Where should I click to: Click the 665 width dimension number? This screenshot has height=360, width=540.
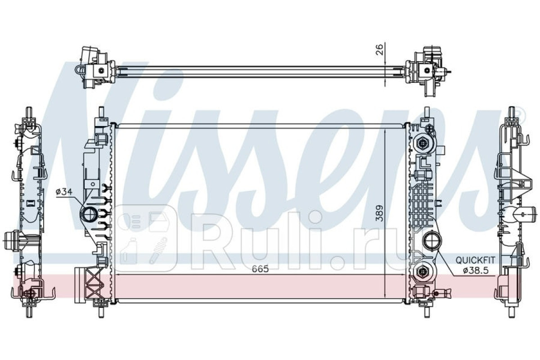[261, 269]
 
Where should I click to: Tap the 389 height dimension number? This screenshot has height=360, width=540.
[379, 213]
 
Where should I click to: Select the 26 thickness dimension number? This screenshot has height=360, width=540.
[379, 49]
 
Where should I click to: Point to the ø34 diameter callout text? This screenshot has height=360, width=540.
[63, 192]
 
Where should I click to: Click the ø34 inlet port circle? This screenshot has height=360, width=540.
[89, 214]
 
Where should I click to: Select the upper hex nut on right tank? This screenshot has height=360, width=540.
[423, 143]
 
